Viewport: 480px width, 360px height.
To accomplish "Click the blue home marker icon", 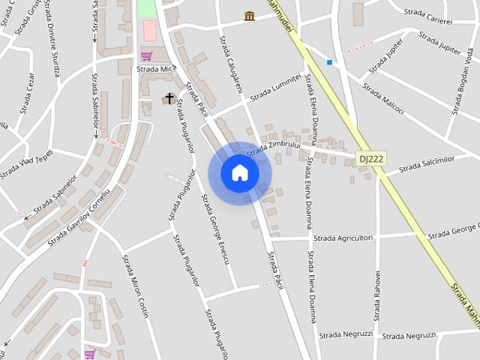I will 239,173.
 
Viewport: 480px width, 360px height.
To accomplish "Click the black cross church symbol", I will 169,98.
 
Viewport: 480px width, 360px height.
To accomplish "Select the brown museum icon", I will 249,16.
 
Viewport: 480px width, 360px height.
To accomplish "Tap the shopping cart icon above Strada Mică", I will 146,55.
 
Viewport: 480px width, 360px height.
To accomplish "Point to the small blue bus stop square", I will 328,62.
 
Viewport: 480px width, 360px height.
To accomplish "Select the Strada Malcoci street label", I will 383,98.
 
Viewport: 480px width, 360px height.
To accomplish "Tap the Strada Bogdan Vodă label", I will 460,88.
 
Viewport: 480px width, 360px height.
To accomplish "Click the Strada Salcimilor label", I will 427,163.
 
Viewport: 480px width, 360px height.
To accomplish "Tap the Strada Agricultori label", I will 343,238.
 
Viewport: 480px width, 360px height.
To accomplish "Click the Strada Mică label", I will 156,68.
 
